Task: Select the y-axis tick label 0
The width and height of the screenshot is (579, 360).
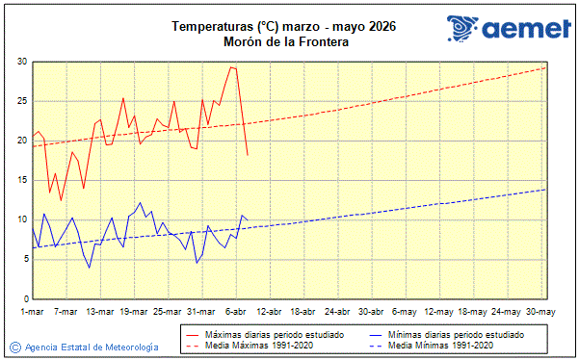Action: coord(24,297)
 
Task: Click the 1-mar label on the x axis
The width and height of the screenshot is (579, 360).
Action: coord(33,312)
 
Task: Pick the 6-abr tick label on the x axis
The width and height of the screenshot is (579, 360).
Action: coord(236,312)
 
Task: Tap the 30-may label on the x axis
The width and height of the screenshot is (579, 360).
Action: coord(540,312)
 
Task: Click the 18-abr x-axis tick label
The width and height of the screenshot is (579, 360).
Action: coord(303,312)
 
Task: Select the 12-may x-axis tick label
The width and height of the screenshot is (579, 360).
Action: coord(438,312)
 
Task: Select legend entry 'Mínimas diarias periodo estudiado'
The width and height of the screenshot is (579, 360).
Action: coord(455,334)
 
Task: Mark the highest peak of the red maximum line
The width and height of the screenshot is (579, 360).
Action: coord(231,67)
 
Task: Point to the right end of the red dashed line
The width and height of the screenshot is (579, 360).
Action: coord(546,67)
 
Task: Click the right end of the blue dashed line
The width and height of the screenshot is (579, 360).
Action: coord(546,189)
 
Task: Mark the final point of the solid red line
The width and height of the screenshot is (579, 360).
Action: coord(248,155)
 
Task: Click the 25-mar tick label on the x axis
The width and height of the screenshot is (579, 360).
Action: coord(168,312)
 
